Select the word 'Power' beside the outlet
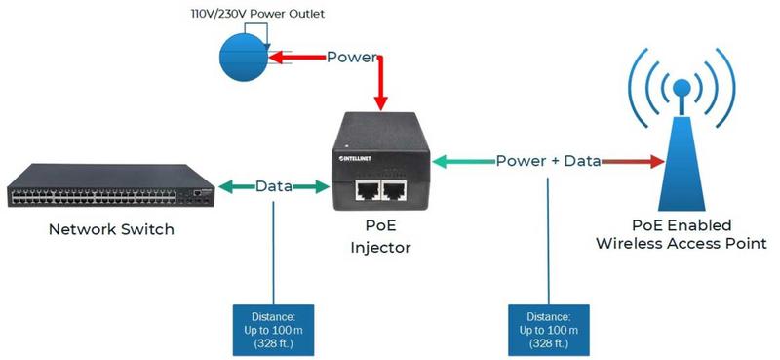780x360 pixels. coord(351,57)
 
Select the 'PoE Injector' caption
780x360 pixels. coord(380,238)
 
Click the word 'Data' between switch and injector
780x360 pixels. coord(275,185)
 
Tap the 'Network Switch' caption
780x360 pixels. coord(111,230)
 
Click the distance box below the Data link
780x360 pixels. coord(274,330)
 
